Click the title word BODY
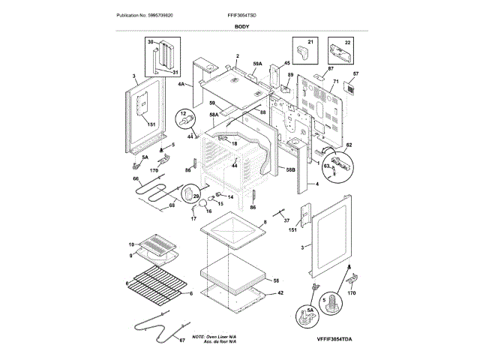[242, 26]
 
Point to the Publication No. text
[145, 15]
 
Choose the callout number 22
[347, 42]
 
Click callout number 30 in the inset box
[150, 42]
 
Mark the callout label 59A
[257, 65]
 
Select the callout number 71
[337, 80]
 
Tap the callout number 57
[355, 74]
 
